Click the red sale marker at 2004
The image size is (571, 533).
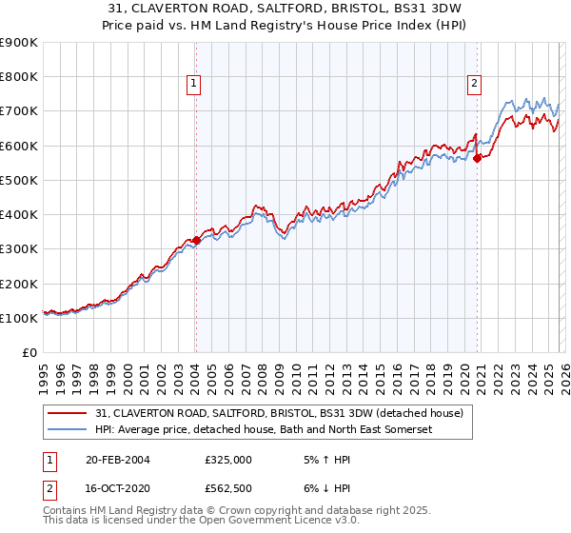coord(196,241)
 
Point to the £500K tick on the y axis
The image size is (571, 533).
coord(19,180)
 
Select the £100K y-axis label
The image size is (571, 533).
coord(19,318)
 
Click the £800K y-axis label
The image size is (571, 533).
coord(19,77)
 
